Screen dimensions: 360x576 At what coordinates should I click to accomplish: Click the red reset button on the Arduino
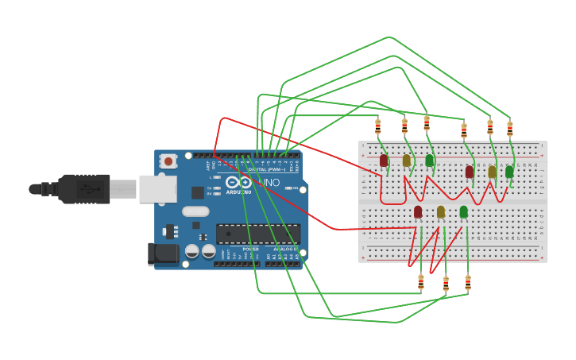(168, 161)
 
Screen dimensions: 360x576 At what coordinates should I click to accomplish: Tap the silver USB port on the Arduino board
(157, 188)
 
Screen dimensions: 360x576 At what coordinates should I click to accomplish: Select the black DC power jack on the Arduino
(163, 254)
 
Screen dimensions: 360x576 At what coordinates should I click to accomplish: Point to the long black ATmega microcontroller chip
(258, 234)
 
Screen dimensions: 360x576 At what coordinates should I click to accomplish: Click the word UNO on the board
(271, 183)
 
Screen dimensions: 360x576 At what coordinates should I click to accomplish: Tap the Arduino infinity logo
(238, 182)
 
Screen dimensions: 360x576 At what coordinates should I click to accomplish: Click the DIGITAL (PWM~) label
(266, 169)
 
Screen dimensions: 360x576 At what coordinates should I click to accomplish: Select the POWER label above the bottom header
(250, 249)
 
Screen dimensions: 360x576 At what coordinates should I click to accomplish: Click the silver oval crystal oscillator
(195, 211)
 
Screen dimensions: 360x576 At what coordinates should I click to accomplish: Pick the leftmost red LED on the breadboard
(384, 161)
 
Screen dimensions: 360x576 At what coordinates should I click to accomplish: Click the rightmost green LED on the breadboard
(509, 171)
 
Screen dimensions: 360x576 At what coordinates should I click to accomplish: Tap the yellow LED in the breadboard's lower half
(441, 211)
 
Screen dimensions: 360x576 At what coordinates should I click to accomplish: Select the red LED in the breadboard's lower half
(418, 211)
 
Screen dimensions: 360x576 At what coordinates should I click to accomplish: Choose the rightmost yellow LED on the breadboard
(492, 171)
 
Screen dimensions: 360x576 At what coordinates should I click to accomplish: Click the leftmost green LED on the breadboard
(430, 161)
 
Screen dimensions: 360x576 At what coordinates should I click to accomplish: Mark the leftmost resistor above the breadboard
(378, 126)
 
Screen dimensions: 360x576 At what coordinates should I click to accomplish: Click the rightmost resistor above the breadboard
(510, 128)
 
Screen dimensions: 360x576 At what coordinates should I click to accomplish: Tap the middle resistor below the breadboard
(446, 282)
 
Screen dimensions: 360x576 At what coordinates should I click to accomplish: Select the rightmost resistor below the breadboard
(468, 281)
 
